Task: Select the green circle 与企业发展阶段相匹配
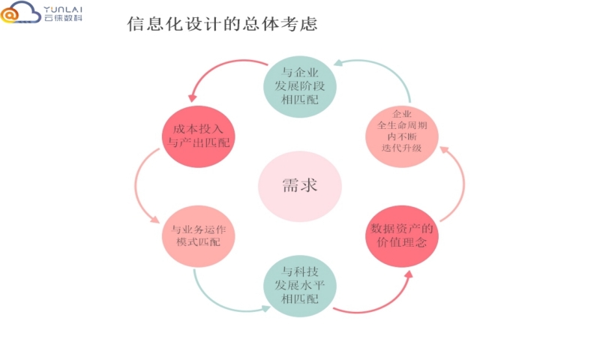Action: tap(300, 85)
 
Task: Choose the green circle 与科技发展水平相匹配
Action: tap(300, 285)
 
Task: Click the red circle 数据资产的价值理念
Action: tap(402, 235)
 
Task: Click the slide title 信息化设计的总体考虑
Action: tap(223, 25)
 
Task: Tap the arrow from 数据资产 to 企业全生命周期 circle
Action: tap(457, 184)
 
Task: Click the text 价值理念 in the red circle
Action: tap(402, 243)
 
